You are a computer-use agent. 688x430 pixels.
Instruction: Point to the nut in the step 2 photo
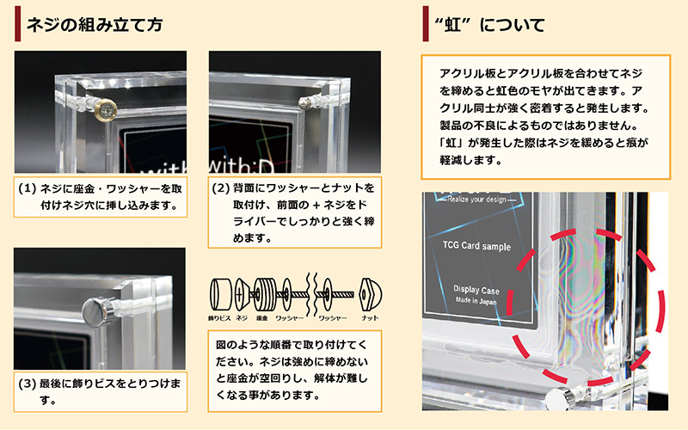click(x=306, y=101)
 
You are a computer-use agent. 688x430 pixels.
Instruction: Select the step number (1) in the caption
click(x=28, y=188)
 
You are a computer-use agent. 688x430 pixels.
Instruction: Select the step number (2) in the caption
click(x=222, y=188)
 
